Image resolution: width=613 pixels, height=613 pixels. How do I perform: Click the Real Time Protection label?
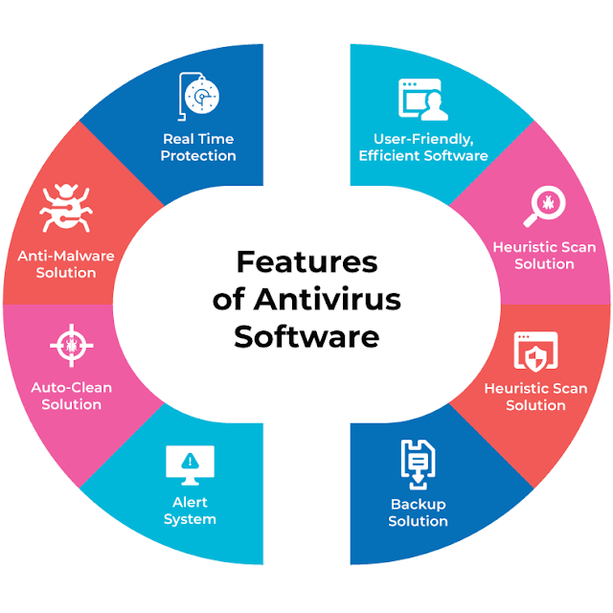click(198, 148)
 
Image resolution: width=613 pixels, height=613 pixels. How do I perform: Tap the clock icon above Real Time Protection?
click(199, 97)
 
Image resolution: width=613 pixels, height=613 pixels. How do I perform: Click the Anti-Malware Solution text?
click(66, 264)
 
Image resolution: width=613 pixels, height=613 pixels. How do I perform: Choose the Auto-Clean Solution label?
click(71, 396)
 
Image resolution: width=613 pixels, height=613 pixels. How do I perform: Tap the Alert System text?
click(190, 511)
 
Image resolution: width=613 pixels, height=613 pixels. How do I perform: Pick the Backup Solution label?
click(418, 512)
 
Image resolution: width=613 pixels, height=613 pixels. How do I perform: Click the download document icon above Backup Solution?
click(418, 462)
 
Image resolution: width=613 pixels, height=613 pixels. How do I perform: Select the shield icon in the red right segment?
click(535, 351)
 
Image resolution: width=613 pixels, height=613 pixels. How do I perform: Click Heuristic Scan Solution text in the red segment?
click(535, 397)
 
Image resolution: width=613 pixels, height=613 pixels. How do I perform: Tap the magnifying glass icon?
click(544, 205)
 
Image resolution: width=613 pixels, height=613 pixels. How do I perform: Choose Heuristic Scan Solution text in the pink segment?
click(544, 256)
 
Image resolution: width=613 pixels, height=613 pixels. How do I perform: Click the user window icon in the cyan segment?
click(423, 100)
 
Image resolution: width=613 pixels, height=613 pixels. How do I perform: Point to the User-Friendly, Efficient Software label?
click(423, 148)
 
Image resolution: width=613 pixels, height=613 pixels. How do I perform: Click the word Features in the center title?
click(306, 261)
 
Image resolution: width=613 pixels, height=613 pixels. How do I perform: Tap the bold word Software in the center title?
click(306, 337)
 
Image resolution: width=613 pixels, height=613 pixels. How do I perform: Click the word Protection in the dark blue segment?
click(198, 156)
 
